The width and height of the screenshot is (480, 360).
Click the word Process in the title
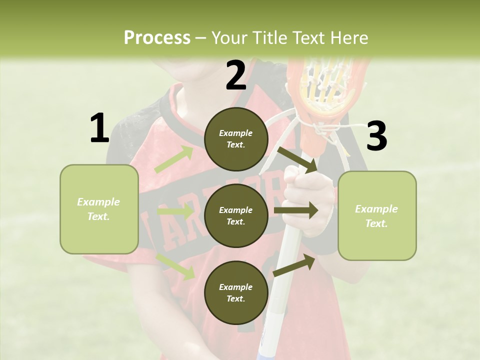tap(157, 38)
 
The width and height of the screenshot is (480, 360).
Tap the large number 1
tap(99, 128)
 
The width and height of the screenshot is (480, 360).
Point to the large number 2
tap(236, 75)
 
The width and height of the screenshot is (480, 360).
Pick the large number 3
tap(376, 136)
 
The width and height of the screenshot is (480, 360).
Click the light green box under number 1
tap(99, 209)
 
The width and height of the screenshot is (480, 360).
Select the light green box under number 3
tap(377, 216)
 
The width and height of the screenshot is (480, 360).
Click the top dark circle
tap(236, 138)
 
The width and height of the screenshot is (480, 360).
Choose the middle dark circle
tap(236, 215)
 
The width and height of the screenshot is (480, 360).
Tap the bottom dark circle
tap(236, 292)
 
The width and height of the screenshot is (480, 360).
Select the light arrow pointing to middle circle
tap(175, 211)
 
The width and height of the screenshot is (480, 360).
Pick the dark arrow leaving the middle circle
tap(296, 210)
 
